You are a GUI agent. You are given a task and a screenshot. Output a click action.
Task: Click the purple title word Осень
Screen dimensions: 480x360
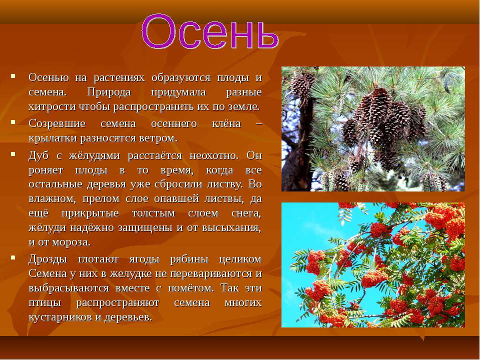tap(210, 31)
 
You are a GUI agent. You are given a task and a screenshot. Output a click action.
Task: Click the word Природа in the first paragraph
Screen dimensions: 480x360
tap(109, 92)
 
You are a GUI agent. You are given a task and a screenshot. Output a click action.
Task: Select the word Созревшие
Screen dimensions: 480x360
tap(57, 123)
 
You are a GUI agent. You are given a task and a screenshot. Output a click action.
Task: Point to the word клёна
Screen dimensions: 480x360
tap(226, 123)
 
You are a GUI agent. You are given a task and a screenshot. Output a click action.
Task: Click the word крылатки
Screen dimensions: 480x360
tap(53, 138)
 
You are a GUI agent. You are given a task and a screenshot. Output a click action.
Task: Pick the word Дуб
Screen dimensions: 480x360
tap(38, 155)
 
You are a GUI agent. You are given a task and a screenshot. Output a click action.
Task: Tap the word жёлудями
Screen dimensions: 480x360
tap(94, 155)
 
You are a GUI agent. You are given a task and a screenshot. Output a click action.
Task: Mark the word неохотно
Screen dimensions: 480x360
tap(214, 156)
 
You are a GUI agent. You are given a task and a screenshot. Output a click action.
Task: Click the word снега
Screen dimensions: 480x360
tap(246, 213)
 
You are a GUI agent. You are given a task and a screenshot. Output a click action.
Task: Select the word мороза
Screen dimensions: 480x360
tap(71, 242)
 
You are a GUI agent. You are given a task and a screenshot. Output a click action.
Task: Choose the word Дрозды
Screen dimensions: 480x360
tap(48, 259)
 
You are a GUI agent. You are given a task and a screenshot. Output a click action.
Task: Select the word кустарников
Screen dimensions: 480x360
tap(60, 317)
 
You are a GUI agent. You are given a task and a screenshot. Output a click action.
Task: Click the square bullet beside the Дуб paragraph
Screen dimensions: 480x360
tap(13, 154)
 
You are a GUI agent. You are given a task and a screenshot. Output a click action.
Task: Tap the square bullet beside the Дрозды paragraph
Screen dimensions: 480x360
tap(13, 257)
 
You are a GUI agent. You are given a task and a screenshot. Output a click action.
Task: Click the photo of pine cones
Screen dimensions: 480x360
tap(373, 129)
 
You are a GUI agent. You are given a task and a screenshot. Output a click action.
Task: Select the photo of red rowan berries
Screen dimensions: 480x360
tap(373, 265)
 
